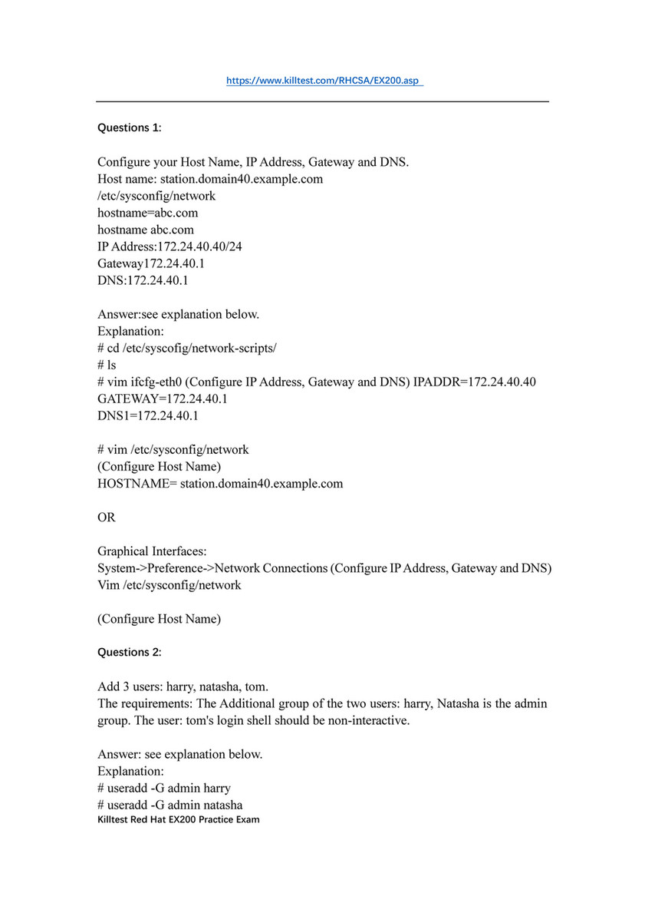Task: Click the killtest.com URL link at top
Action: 324,81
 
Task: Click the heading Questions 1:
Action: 129,127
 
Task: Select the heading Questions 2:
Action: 129,652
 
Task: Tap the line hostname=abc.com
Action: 142,213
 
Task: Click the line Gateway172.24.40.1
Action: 151,263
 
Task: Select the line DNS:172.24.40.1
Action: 143,280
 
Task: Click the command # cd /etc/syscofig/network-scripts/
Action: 187,348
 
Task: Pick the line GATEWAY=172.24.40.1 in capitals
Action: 163,399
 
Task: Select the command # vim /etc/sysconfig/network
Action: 173,449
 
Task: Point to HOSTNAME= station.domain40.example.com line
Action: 220,484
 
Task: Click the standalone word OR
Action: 107,518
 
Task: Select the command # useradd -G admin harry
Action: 164,788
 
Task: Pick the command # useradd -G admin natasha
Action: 170,805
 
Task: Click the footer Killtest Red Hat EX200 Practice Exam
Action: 179,819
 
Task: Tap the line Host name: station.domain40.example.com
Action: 210,179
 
